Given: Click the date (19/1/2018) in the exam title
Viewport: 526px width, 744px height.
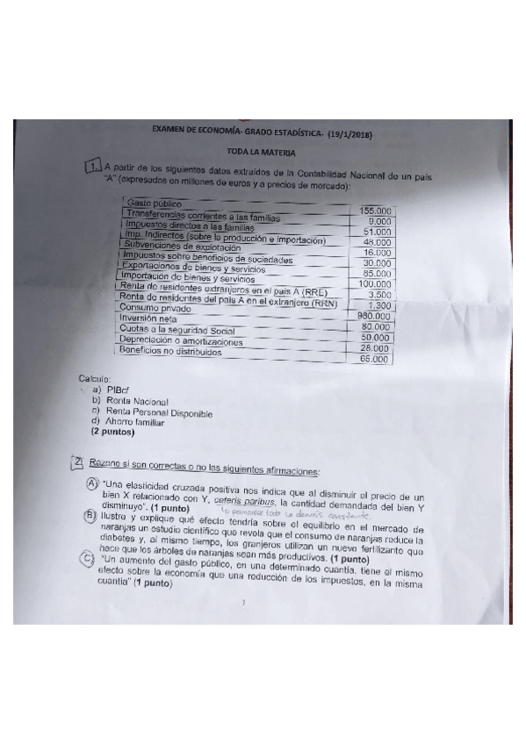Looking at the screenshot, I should click(349, 132).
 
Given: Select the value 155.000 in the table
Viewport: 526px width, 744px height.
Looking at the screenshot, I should click(375, 211).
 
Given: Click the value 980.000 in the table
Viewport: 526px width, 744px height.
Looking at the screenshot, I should click(374, 316).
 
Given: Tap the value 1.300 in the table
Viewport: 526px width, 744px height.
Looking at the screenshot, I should click(378, 305).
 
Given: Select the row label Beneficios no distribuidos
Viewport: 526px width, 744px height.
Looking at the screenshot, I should click(168, 350).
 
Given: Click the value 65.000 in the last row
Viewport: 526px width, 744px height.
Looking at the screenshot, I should click(375, 358).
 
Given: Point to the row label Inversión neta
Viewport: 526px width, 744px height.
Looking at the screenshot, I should click(147, 319).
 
